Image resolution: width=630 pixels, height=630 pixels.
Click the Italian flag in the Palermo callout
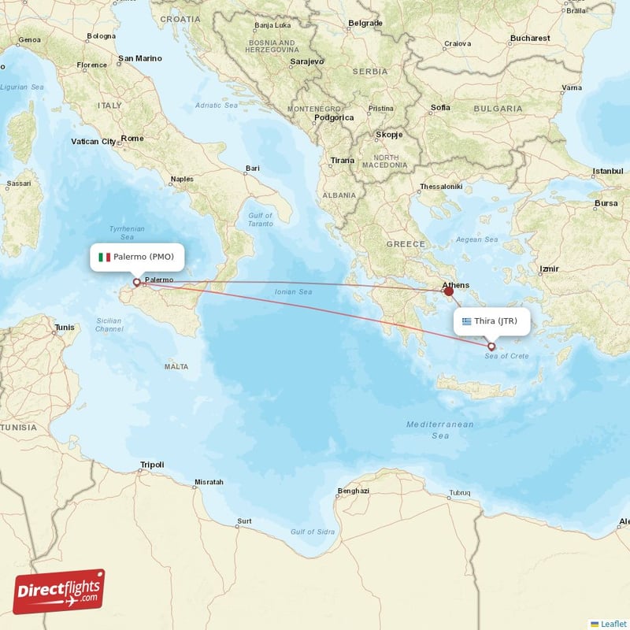pyautogui.click(x=103, y=257)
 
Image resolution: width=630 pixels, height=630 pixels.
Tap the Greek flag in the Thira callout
pyautogui.click(x=467, y=321)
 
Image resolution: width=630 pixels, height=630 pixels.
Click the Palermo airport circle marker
pyautogui.click(x=136, y=282)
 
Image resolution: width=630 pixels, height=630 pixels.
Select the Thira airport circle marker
pyautogui.click(x=492, y=346)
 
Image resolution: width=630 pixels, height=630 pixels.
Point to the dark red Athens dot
pyautogui.click(x=449, y=291)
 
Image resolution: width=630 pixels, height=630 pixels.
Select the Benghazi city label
pyautogui.click(x=353, y=491)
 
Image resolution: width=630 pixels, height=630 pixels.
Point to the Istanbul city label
pyautogui.click(x=607, y=171)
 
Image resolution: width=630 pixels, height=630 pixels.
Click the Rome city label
pyautogui.click(x=132, y=139)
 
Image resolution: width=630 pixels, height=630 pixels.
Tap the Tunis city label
pyautogui.click(x=64, y=327)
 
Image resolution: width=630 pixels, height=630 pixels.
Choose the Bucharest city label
pyautogui.click(x=529, y=38)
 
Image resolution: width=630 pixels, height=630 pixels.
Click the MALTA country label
pyautogui.click(x=176, y=367)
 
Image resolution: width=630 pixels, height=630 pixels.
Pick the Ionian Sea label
pyautogui.click(x=294, y=292)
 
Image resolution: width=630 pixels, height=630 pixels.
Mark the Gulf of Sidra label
pyautogui.click(x=313, y=532)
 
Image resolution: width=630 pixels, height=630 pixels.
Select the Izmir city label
pyautogui.click(x=548, y=269)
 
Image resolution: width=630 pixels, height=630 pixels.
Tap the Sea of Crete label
pyautogui.click(x=507, y=357)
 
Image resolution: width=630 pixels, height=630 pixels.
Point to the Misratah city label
pyautogui.click(x=209, y=482)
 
